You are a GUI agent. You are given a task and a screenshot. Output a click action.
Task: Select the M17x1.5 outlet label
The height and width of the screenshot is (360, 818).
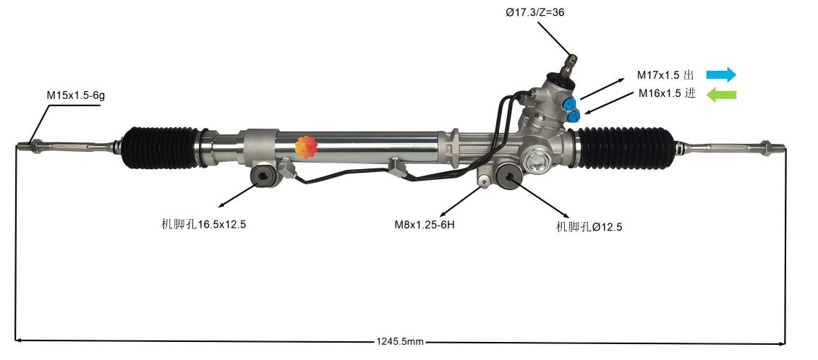pos(665,75)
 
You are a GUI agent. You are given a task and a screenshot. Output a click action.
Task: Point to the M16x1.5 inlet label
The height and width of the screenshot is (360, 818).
pos(666,93)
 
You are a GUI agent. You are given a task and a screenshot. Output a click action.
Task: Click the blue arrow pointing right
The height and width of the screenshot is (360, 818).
pos(720,74)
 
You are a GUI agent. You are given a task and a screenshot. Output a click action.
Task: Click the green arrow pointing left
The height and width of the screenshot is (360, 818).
pos(721,94)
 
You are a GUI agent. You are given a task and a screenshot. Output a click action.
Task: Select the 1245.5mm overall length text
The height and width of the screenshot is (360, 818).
pos(400,341)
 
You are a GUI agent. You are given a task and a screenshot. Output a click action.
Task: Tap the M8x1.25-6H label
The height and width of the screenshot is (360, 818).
pos(425,224)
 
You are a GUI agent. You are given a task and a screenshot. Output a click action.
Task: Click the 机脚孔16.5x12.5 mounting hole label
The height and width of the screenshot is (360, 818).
pos(204,224)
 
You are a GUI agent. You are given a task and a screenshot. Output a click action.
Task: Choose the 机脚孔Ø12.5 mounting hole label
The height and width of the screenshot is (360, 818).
pos(589,226)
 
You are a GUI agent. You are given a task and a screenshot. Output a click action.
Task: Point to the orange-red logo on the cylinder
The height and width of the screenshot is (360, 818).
pos(307,147)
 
